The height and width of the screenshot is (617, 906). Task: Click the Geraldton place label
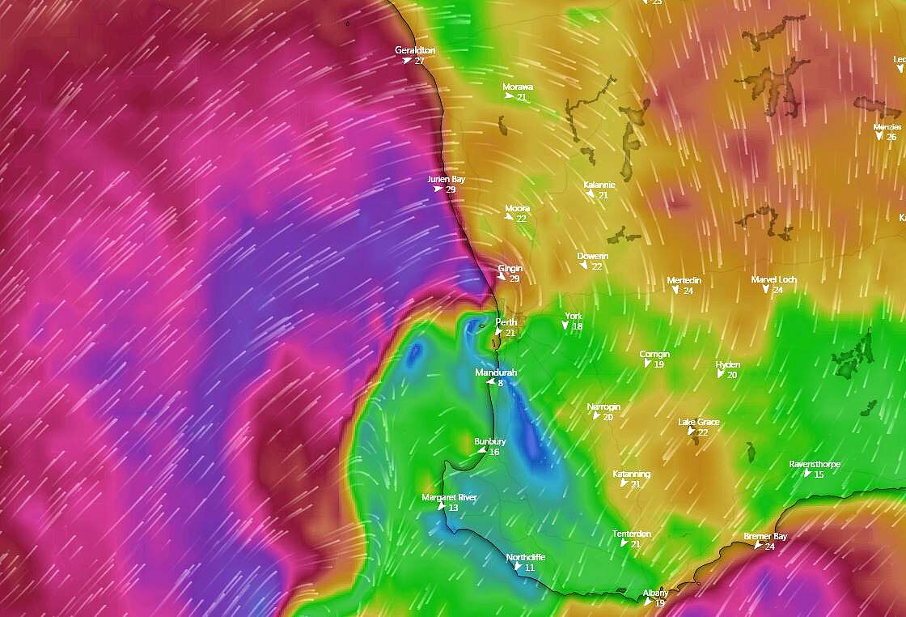415,50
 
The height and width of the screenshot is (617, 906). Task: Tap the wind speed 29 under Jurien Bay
451,189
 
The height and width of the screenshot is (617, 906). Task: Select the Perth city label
506,322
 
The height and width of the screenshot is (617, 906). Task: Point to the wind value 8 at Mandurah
501,382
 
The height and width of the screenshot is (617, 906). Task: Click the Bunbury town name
490,441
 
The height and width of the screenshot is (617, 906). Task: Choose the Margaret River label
450,497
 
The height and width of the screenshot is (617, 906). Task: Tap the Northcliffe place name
526,558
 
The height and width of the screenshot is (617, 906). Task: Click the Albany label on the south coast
655,593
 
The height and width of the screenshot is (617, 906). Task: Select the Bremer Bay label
765,536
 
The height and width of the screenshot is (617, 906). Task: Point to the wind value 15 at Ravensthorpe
819,474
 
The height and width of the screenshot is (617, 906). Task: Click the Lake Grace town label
699,423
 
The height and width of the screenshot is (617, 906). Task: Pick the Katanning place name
631,474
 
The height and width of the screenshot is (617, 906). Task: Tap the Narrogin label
603,406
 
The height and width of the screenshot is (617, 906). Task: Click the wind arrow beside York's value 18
565,326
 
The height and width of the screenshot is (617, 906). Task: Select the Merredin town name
684,281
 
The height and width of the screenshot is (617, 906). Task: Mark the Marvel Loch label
774,279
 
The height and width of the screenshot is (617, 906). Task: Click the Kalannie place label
599,185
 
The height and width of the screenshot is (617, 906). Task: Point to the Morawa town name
518,87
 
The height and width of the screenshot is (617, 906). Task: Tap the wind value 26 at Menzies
891,137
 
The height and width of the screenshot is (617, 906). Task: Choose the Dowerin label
593,257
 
